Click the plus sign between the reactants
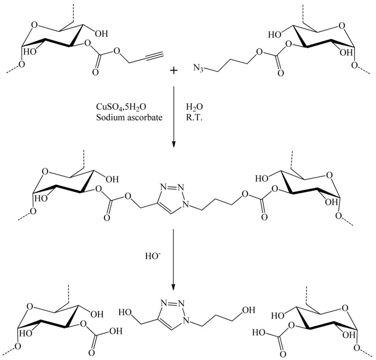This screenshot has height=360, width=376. point(173,70)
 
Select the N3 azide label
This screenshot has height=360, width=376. point(198,68)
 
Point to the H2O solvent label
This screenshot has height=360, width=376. point(194,107)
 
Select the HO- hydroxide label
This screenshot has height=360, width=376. point(153,254)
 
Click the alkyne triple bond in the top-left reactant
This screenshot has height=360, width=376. point(150,57)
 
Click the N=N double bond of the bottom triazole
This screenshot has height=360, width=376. point(171,303)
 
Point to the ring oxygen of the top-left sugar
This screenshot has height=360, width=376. point(34,26)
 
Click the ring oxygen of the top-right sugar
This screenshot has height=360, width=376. point(342,26)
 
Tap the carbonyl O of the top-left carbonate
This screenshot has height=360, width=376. point(95,72)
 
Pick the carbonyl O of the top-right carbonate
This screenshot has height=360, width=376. point(281,73)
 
